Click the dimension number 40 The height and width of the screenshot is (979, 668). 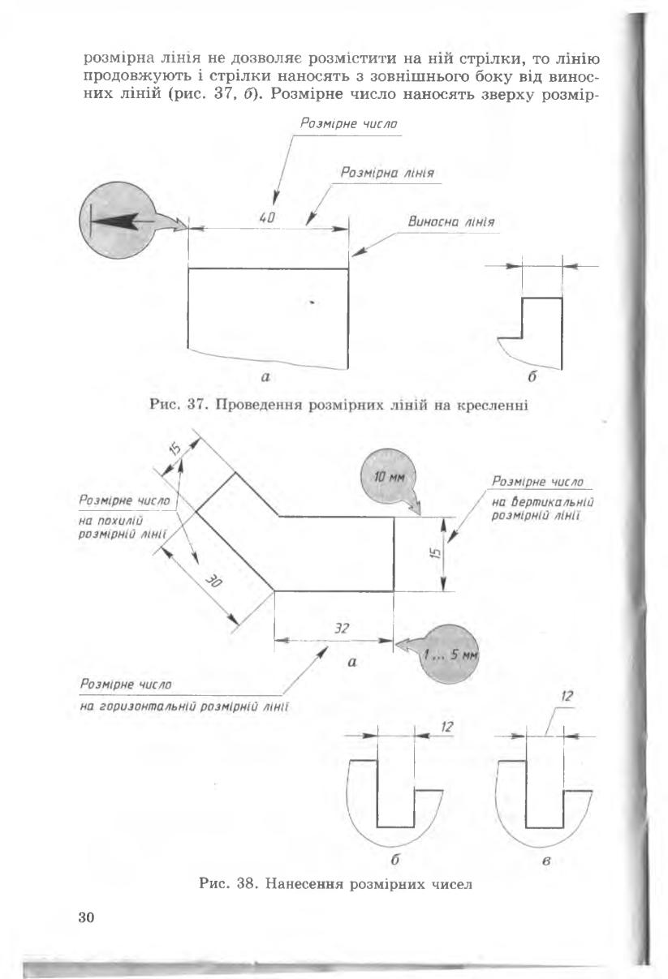coord(267,217)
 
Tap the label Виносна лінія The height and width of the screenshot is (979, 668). coord(451,222)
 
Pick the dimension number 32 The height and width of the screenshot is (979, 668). coord(342,629)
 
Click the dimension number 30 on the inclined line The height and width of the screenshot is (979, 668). coord(214,582)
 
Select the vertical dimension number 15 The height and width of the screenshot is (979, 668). coord(436,553)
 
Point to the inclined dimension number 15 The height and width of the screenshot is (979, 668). coord(175,449)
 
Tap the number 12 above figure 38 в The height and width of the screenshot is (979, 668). coord(567,696)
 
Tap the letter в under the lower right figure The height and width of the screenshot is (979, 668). coord(546,861)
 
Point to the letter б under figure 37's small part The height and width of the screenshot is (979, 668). coord(532,376)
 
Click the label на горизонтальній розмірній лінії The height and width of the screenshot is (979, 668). coord(184,706)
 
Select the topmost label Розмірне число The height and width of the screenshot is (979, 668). coord(349,123)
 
